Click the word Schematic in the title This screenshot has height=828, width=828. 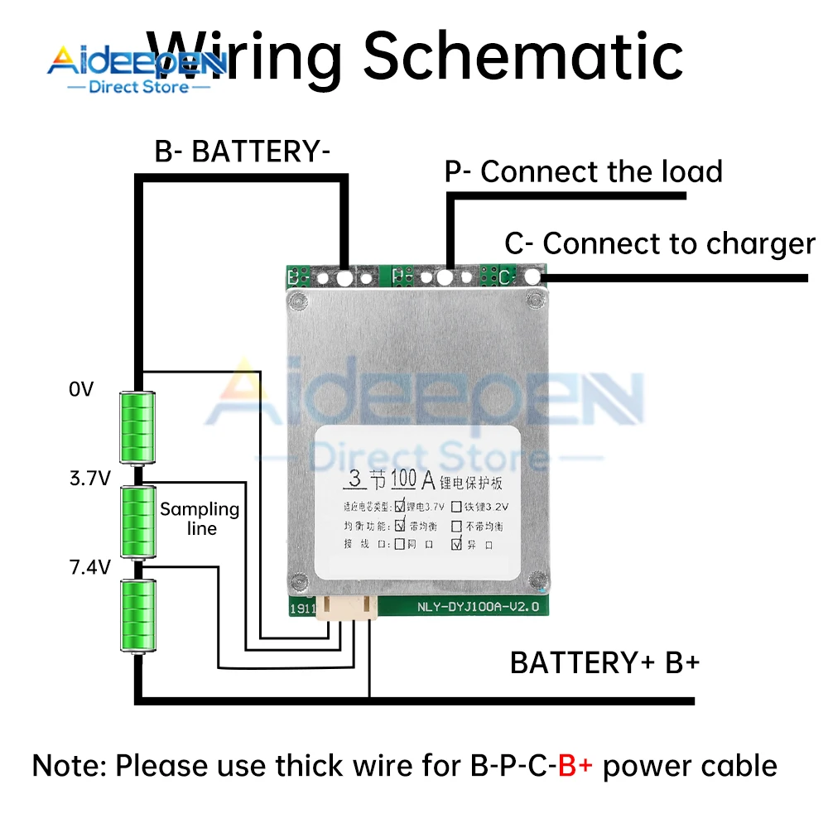point(523,56)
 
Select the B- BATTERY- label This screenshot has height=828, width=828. point(243,152)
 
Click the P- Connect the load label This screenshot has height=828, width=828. point(584,172)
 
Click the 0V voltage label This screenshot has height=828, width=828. point(81,389)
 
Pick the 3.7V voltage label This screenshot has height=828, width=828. point(89,478)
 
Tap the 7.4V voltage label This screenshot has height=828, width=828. point(89,567)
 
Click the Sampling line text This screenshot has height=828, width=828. point(200,518)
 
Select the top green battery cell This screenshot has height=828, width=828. point(137,427)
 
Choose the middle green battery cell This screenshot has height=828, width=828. point(137,522)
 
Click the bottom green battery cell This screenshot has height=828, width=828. point(137,616)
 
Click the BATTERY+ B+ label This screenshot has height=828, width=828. point(605,663)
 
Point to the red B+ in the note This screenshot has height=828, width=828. point(575,766)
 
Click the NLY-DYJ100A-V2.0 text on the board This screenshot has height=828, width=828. point(480,607)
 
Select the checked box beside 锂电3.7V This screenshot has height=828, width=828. point(401,504)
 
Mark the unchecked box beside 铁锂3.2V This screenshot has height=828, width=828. point(455,504)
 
